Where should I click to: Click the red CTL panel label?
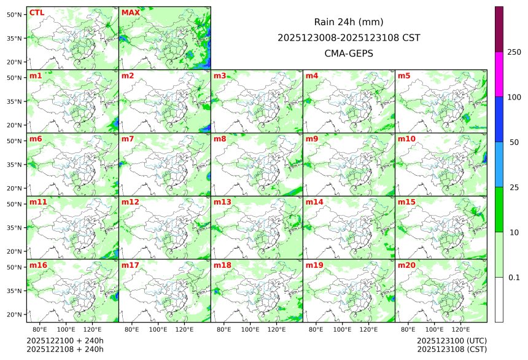[x=37, y=12]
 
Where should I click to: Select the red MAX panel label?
[x=131, y=12]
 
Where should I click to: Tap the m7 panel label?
[x=128, y=139]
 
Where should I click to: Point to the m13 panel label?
[x=222, y=202]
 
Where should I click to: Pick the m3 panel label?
[x=220, y=76]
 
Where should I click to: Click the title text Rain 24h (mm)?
[x=349, y=22]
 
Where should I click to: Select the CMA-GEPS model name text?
[x=349, y=53]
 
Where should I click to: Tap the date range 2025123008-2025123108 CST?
[x=349, y=37]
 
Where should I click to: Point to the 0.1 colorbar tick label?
[x=514, y=277]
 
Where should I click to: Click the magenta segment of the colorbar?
[x=499, y=74]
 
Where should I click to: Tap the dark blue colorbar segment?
[x=499, y=119]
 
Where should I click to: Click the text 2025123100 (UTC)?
[x=451, y=340]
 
